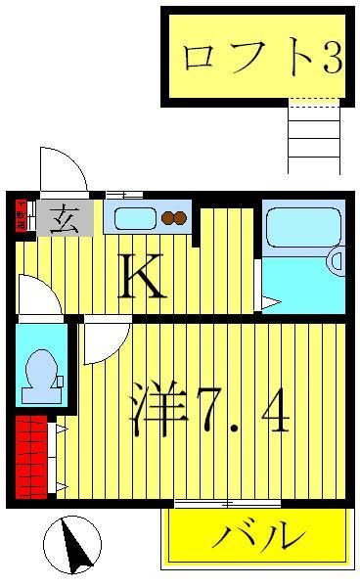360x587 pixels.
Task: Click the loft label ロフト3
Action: click(x=260, y=57)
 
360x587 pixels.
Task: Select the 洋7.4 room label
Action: click(x=208, y=412)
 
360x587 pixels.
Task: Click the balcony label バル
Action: click(x=257, y=536)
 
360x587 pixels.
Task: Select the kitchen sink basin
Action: click(x=135, y=218)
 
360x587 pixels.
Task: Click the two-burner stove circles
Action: click(x=174, y=218)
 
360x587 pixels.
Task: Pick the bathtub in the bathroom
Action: click(x=301, y=227)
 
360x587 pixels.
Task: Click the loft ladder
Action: click(x=313, y=136)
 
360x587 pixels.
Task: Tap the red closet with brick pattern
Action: click(x=31, y=456)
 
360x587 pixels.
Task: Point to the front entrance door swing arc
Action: click(x=63, y=168)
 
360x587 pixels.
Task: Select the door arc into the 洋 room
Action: click(x=103, y=343)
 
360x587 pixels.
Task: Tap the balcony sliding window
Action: click(x=227, y=503)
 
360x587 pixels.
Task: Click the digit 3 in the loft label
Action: click(x=330, y=58)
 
